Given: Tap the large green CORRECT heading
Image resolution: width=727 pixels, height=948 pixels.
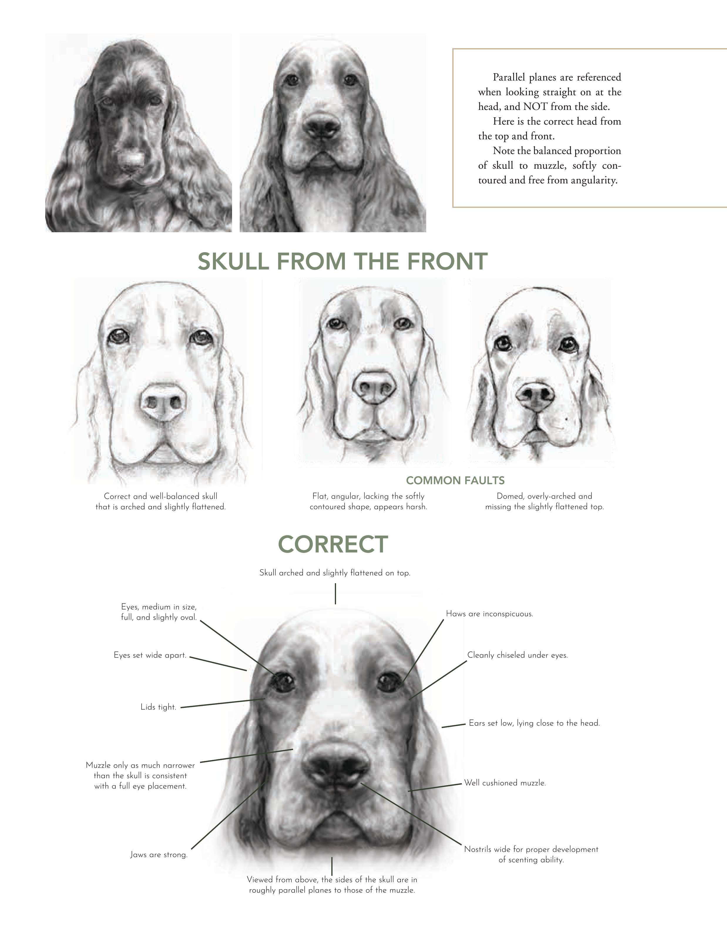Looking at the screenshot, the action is coord(333,544).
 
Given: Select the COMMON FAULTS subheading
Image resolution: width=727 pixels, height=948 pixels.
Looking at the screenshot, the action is coord(455,480).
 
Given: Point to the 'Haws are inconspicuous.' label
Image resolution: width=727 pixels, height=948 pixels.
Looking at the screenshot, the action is coord(489,614).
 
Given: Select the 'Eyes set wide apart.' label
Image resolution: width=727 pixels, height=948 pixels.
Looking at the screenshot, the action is coord(150,655).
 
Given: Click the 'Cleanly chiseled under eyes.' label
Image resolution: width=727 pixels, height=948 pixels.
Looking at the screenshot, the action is coord(518,655).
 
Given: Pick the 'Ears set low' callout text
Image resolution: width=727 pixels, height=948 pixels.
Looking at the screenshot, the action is coord(534,723).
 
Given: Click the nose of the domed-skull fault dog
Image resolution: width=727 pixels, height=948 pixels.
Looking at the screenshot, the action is coord(535,397).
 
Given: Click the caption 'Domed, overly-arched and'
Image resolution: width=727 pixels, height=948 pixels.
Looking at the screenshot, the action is coord(544,496).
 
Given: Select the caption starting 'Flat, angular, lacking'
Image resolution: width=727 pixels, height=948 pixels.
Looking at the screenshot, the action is coord(368,496).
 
